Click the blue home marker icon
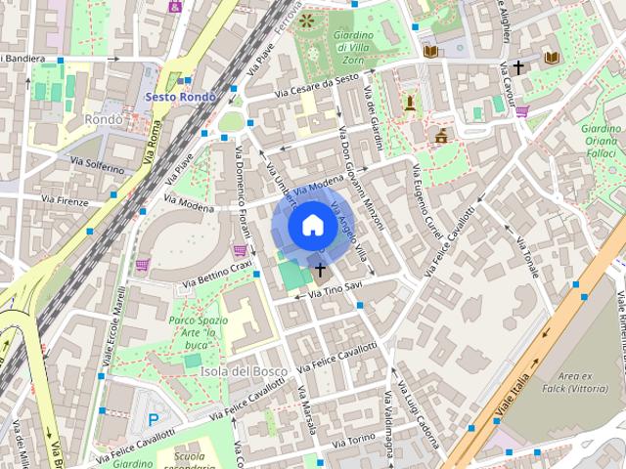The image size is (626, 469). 311,225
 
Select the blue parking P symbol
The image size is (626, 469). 153,418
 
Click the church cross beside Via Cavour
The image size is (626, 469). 518,67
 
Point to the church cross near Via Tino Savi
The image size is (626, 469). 320,268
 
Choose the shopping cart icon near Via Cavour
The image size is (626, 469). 522,110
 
